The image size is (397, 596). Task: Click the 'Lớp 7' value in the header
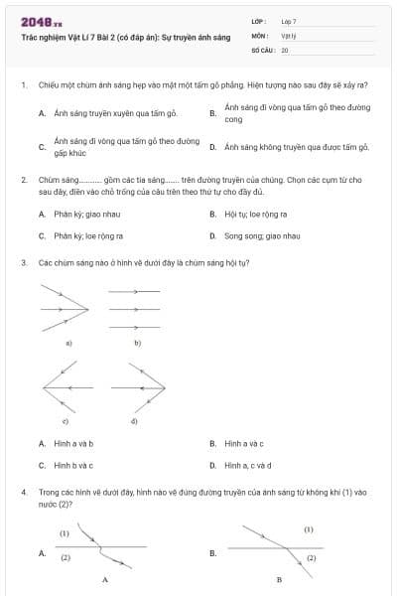(x=289, y=21)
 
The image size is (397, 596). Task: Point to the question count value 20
(x=285, y=49)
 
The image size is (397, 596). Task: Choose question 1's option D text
(x=297, y=147)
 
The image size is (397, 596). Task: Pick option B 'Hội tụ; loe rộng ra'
(x=256, y=214)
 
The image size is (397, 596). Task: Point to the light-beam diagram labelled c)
(x=66, y=382)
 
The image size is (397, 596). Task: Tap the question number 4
(x=22, y=492)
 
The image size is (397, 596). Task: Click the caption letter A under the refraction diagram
(x=105, y=578)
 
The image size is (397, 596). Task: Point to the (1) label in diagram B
(x=309, y=529)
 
